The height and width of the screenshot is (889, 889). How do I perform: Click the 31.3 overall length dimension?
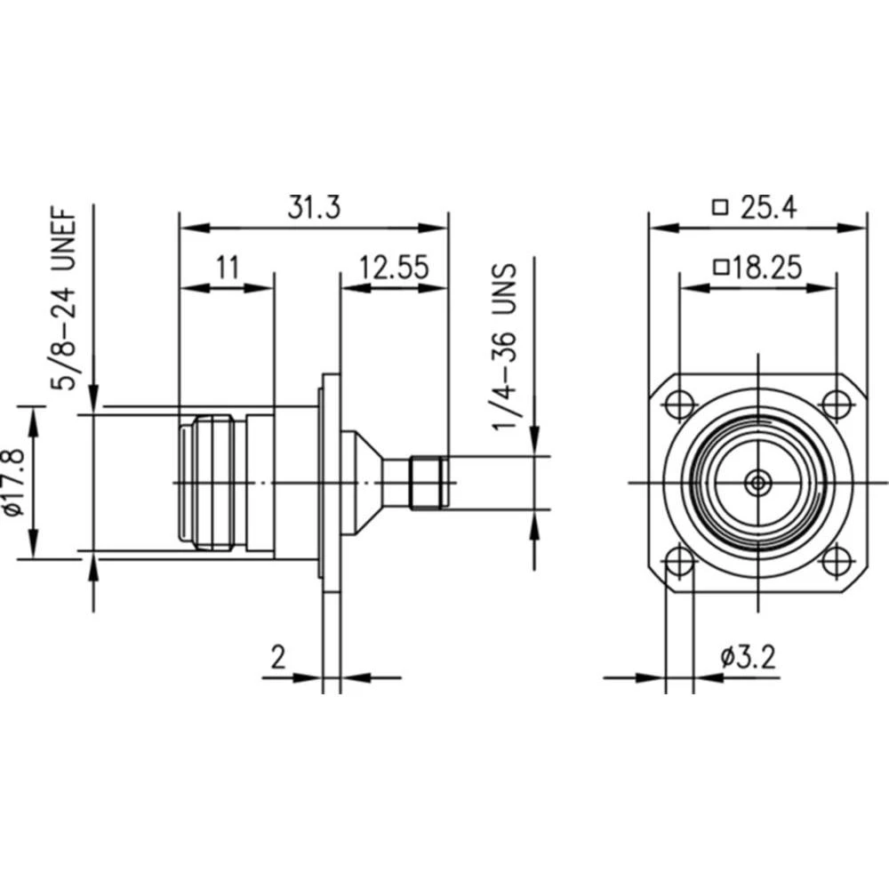(313, 206)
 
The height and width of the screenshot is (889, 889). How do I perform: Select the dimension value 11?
(228, 268)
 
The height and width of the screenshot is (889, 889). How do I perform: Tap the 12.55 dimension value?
(394, 268)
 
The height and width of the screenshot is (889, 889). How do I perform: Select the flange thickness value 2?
(278, 657)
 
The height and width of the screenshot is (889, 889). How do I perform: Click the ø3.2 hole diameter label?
(748, 657)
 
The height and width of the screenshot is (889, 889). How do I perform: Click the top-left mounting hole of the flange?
(680, 404)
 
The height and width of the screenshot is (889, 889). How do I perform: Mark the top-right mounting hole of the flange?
(836, 404)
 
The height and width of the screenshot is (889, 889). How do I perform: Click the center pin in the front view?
(758, 483)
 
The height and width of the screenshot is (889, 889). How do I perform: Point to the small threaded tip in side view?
(427, 483)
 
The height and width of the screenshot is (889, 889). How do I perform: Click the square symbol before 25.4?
(720, 208)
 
